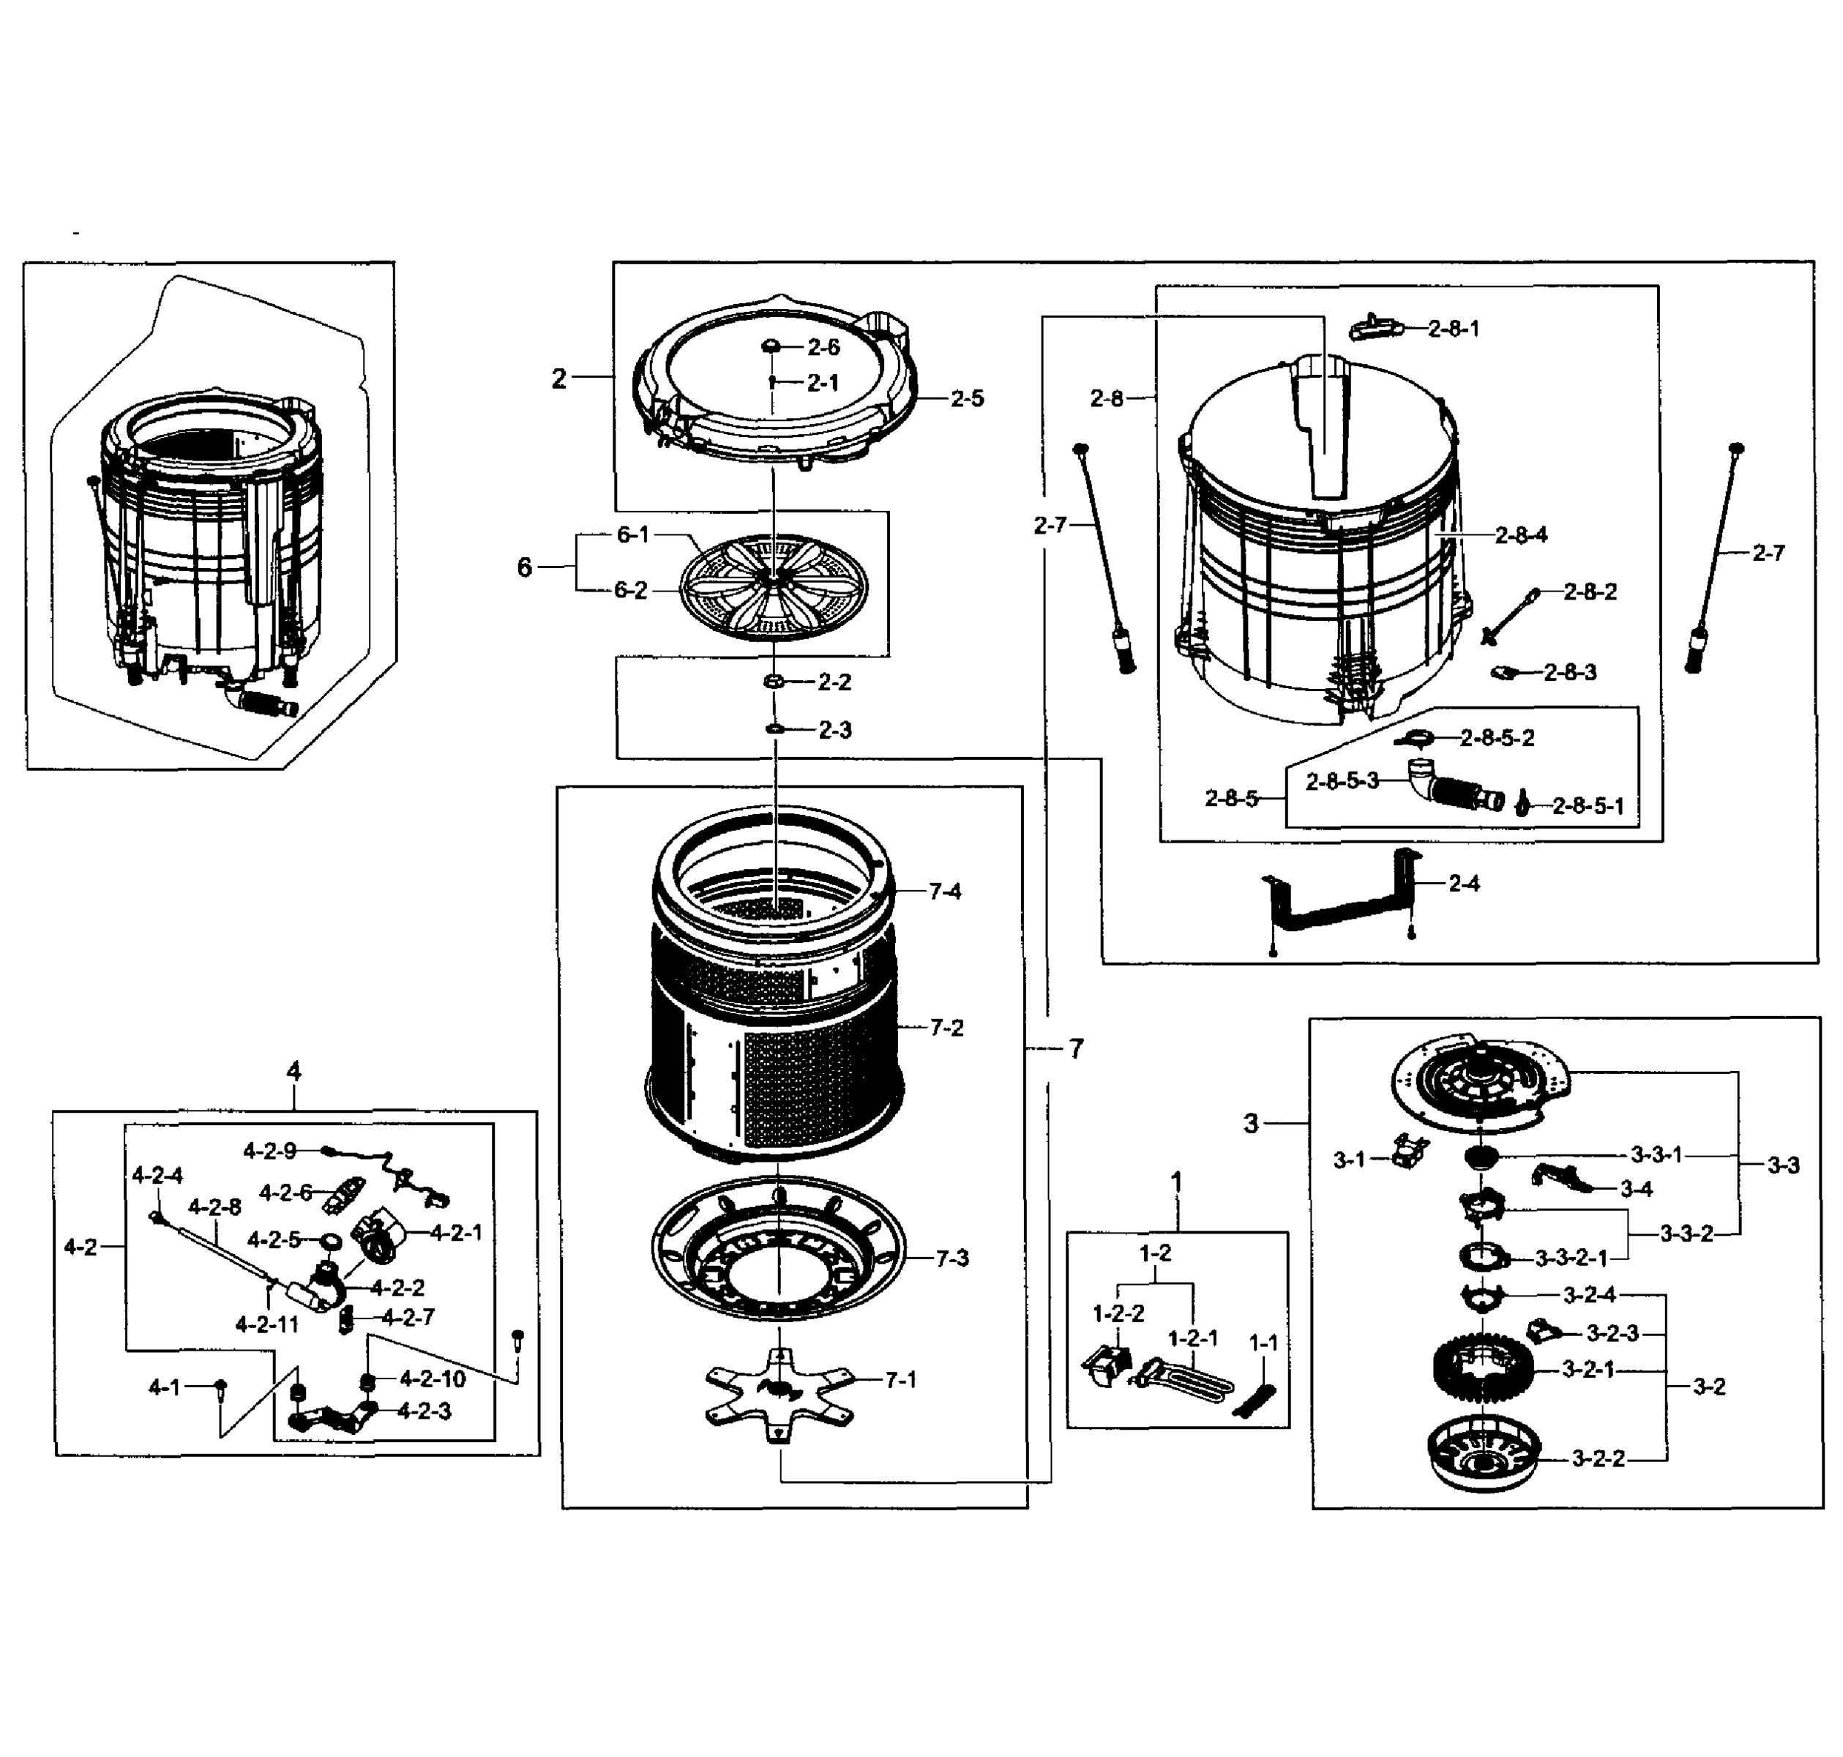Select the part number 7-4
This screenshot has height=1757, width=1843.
click(945, 891)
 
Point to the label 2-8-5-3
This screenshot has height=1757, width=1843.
click(1342, 780)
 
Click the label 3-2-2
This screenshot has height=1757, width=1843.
click(1598, 1458)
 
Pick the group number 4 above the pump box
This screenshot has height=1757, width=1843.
click(294, 1072)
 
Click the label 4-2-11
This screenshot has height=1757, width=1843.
click(267, 1324)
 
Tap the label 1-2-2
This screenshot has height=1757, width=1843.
click(1118, 1314)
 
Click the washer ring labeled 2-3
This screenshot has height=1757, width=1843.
click(775, 728)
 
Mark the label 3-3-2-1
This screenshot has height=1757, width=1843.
click(1571, 1258)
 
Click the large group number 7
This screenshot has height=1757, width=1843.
click(1076, 1049)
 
